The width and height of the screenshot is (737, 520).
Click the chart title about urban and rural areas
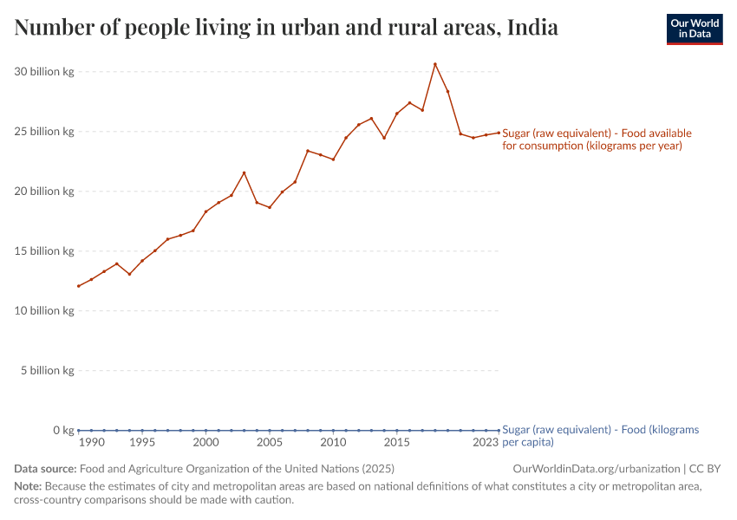pyautogui.click(x=286, y=29)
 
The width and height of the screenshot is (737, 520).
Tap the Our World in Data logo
pyautogui.click(x=694, y=29)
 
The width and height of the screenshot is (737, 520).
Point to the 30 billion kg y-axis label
pyautogui.click(x=44, y=72)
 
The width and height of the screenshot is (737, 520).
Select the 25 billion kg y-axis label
pyautogui.click(x=44, y=132)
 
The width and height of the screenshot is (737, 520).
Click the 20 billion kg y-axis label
pyautogui.click(x=44, y=192)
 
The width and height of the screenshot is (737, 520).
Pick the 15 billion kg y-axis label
pyautogui.click(x=44, y=251)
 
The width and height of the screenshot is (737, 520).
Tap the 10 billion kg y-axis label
pyautogui.click(x=44, y=311)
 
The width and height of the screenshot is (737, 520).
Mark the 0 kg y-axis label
pyautogui.click(x=63, y=431)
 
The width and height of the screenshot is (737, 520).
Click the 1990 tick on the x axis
pyautogui.click(x=91, y=443)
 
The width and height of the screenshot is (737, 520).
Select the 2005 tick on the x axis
pyautogui.click(x=270, y=443)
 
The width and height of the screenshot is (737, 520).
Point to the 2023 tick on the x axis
pyautogui.click(x=486, y=443)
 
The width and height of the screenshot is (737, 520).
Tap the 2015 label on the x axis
pyautogui.click(x=397, y=443)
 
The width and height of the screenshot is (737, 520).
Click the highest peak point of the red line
pyautogui.click(x=435, y=64)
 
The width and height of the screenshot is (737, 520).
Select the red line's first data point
pyautogui.click(x=79, y=286)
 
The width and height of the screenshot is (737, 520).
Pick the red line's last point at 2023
pyautogui.click(x=499, y=133)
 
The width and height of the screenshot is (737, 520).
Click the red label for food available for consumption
pyautogui.click(x=597, y=140)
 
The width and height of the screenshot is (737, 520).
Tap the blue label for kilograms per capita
pyautogui.click(x=600, y=436)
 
